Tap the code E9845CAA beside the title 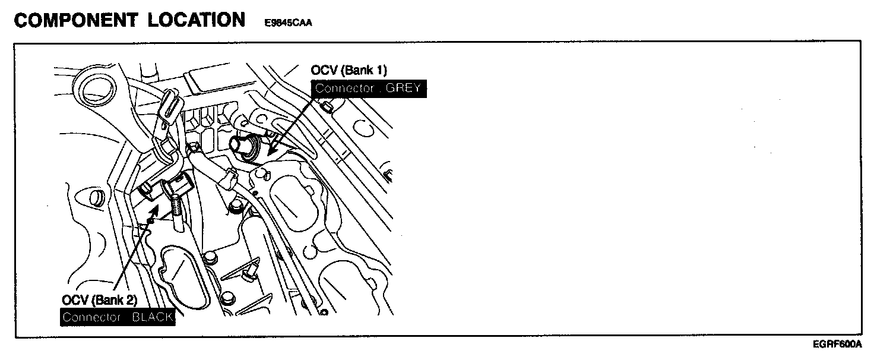289,23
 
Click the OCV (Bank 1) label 349,71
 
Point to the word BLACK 153,317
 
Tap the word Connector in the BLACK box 90,317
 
